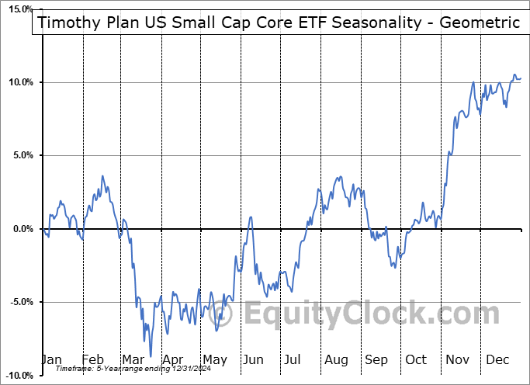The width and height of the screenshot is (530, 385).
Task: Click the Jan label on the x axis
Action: [51, 359]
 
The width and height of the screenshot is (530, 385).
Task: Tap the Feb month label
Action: [93, 359]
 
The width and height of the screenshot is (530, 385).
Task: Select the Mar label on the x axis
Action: [133, 359]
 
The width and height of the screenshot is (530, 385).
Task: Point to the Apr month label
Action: [173, 359]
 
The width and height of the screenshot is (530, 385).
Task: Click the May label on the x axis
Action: [215, 359]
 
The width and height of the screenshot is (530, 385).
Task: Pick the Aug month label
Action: [336, 359]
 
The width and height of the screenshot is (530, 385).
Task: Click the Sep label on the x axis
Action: [376, 359]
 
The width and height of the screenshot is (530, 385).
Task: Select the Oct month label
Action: [416, 359]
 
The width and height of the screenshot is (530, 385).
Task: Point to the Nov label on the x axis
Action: [458, 359]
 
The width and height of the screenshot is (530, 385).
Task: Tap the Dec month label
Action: [497, 359]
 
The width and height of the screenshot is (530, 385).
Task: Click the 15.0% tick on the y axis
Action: [19, 9]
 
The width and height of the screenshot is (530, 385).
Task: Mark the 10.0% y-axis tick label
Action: [19, 82]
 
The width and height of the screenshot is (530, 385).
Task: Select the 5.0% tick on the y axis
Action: [21, 155]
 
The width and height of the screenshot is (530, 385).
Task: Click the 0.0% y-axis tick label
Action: [21, 229]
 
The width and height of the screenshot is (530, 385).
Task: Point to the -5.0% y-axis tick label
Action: [19, 302]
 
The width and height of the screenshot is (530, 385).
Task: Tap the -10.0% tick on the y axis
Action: [17, 376]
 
